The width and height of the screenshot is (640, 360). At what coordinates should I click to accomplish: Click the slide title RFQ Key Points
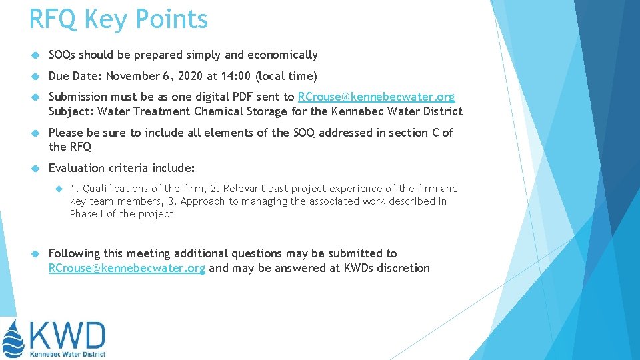pos(118,19)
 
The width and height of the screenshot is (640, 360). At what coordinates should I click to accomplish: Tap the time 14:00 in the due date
pos(242,76)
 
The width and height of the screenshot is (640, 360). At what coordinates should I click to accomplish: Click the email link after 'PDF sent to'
pos(376,97)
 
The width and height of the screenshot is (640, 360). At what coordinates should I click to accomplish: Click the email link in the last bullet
pos(127,269)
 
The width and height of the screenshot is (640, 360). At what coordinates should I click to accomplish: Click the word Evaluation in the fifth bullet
pos(79,168)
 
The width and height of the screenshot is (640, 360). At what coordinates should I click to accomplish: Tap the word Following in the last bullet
pos(75,253)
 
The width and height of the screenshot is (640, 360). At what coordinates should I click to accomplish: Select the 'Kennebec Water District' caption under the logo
pos(67,354)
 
